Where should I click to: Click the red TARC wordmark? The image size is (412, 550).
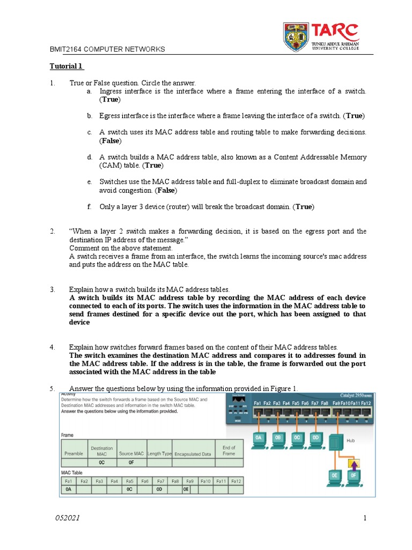coord(336,32)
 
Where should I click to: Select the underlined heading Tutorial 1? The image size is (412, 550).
coord(67,67)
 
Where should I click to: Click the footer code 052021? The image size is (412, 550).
coord(68,518)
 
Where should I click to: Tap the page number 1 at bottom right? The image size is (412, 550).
coord(364,518)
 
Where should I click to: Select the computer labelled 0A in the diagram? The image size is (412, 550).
coord(259,438)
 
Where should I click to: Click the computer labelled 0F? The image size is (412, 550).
coord(354,476)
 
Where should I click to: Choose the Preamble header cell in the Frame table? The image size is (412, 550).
coord(73,453)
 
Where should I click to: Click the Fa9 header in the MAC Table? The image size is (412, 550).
coord(189,481)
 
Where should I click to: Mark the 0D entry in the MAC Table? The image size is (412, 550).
coord(159,490)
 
